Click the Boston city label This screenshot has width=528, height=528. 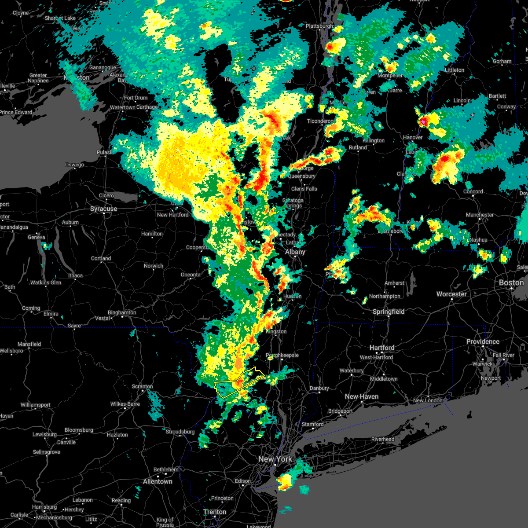pos(511,282)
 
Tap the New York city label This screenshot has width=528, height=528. pos(275,459)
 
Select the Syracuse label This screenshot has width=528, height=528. pos(103,209)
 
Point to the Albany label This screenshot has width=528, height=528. pos(295,252)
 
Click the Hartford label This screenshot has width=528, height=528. pos(381,348)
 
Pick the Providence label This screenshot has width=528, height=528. pos(483,341)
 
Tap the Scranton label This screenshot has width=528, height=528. pos(143,386)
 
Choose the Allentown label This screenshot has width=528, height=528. pos(158,481)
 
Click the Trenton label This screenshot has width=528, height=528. pos(215,512)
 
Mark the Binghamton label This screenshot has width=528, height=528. pos(122,312)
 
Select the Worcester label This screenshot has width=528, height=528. pos(451,294)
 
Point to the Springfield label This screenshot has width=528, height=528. pos(388,312)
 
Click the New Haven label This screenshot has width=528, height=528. pos(361,396)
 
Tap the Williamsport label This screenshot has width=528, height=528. pos(36,405)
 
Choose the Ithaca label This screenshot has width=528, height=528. pos(75,275)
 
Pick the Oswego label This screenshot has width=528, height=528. pos(74,165)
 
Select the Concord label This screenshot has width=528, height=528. pos(473,191)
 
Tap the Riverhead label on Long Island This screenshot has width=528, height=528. pos(383,439)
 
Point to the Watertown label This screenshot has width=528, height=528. pos(123,107)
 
